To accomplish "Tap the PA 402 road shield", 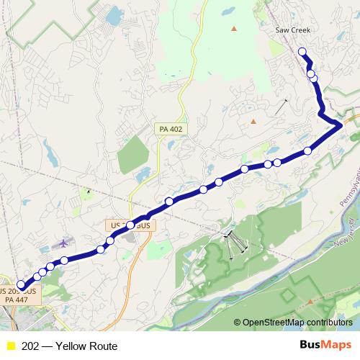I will pyautogui.click(x=171, y=128).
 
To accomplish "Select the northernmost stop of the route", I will pyautogui.click(x=302, y=51).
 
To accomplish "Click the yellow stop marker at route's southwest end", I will pyautogui.click(x=21, y=286).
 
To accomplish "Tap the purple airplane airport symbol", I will pyautogui.click(x=67, y=242).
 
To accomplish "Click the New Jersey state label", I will pyautogui.click(x=346, y=232).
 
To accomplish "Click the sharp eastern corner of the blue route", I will pyautogui.click(x=339, y=126).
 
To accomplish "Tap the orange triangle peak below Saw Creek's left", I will pyautogui.click(x=233, y=29).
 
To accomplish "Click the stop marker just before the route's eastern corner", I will pyautogui.click(x=308, y=150).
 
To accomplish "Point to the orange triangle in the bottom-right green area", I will pyautogui.click(x=310, y=301).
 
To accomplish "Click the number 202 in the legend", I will pyautogui.click(x=30, y=346).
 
